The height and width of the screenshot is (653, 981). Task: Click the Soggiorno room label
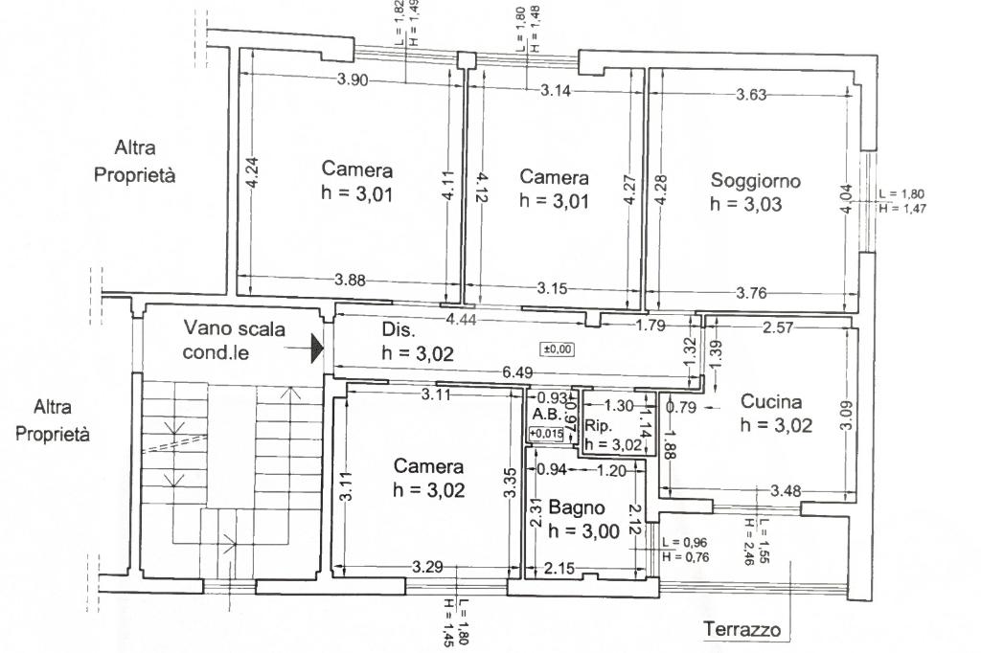pyautogui.click(x=755, y=181)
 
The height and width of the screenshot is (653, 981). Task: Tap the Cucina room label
pyautogui.click(x=771, y=401)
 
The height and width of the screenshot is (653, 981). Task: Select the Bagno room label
pyautogui.click(x=577, y=507)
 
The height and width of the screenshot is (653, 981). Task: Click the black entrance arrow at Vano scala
pyautogui.click(x=317, y=348)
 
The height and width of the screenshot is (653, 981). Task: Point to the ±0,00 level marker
pyautogui.click(x=557, y=349)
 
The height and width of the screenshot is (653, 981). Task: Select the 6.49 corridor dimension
pyautogui.click(x=517, y=372)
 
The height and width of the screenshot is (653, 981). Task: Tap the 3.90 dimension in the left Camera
pyautogui.click(x=353, y=79)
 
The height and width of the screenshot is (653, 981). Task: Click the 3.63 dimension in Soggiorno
pyautogui.click(x=751, y=95)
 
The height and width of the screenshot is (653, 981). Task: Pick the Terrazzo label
pyautogui.click(x=742, y=628)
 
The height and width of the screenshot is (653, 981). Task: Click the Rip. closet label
pyautogui.click(x=598, y=425)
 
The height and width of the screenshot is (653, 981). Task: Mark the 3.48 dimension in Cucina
pyautogui.click(x=786, y=491)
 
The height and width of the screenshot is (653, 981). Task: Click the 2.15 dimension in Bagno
pyautogui.click(x=559, y=569)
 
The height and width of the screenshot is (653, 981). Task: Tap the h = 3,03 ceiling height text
pyautogui.click(x=745, y=205)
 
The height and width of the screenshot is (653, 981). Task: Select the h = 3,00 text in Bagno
pyautogui.click(x=583, y=531)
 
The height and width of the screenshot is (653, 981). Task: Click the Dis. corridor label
pyautogui.click(x=398, y=329)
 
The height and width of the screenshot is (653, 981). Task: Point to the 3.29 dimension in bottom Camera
pyautogui.click(x=427, y=568)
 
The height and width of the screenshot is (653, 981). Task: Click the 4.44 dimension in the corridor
pyautogui.click(x=461, y=320)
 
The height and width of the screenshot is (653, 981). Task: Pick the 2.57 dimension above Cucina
pyautogui.click(x=778, y=327)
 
